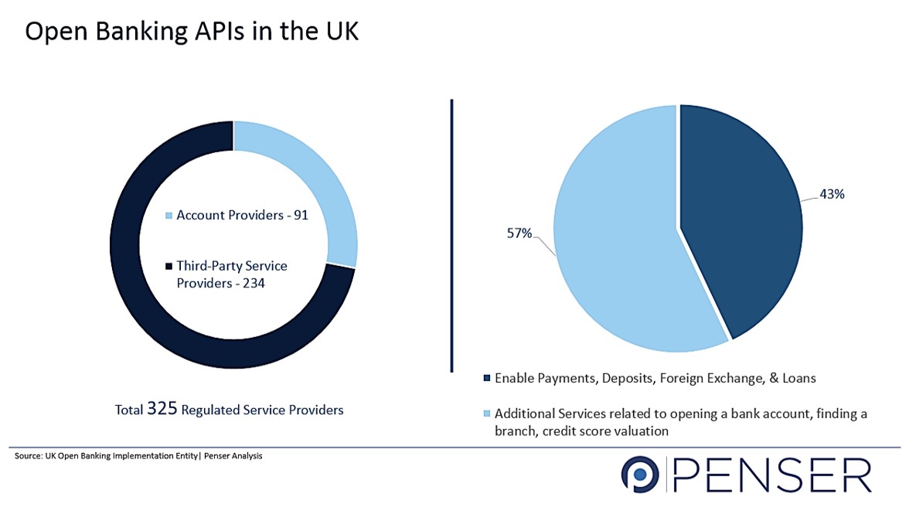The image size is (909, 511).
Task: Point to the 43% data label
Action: click(x=832, y=195)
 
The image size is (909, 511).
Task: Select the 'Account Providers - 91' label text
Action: click(x=242, y=215)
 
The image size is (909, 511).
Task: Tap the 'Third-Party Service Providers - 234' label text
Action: click(x=232, y=274)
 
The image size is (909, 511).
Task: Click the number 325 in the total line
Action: click(x=162, y=408)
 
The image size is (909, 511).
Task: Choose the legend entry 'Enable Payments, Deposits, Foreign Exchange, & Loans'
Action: click(x=655, y=379)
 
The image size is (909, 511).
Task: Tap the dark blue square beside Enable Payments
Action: click(x=486, y=379)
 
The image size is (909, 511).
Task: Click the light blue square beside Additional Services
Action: click(x=486, y=414)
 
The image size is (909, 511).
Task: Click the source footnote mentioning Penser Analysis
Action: click(x=138, y=456)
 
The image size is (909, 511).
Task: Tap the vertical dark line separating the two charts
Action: click(x=451, y=232)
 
